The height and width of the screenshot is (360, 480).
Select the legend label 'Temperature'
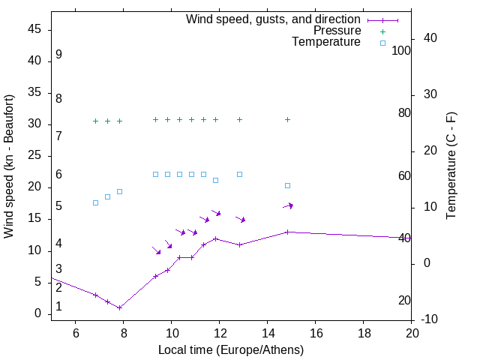click(x=326, y=42)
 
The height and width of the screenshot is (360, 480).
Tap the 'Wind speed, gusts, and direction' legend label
click(x=273, y=19)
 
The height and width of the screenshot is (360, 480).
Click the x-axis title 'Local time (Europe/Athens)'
click(x=231, y=350)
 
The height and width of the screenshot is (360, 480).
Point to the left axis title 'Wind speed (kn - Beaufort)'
click(x=9, y=166)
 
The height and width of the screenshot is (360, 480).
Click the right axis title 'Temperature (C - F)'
click(x=451, y=166)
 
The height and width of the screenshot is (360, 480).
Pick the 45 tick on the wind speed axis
click(x=35, y=29)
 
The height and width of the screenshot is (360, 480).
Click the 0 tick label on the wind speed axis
click(x=38, y=313)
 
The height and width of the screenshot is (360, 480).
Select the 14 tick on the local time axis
click(x=267, y=332)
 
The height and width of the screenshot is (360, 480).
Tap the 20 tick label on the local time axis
click(x=411, y=332)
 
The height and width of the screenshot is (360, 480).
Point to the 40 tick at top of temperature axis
click(x=430, y=38)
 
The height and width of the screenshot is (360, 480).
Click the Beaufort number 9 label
click(x=58, y=55)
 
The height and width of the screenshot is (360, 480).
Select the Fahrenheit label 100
click(x=402, y=51)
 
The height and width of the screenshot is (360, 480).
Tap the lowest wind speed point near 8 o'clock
click(x=119, y=307)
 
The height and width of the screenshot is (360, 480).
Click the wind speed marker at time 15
click(x=287, y=232)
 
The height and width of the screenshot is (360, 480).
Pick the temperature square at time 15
click(x=287, y=185)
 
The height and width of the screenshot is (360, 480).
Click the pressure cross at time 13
click(x=239, y=119)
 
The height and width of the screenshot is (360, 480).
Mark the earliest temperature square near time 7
click(x=95, y=202)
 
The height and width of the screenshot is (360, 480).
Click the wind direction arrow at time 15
click(x=288, y=205)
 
